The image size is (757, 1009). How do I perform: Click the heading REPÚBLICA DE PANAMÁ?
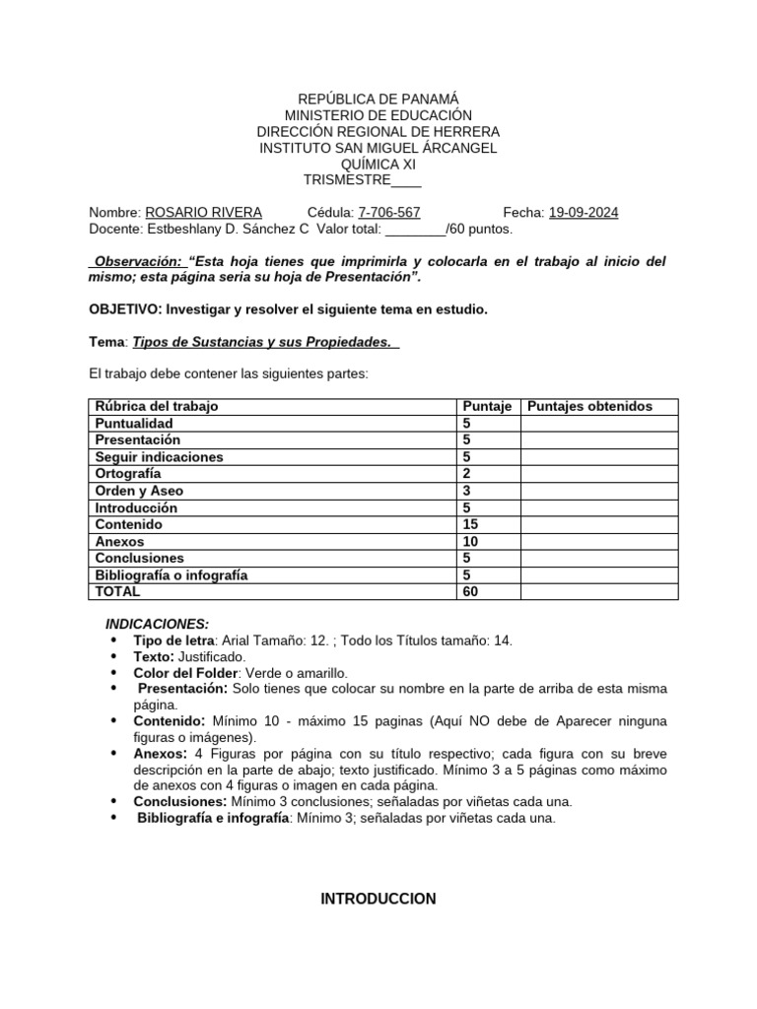[x=378, y=99]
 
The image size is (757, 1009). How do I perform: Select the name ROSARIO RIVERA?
[x=203, y=213]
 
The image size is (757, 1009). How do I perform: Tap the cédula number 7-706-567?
[x=389, y=213]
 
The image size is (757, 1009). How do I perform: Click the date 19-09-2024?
[x=584, y=213]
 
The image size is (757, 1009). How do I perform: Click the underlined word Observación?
[x=138, y=261]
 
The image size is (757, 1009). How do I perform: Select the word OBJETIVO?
[x=124, y=309]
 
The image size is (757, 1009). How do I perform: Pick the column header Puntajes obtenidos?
[x=589, y=406]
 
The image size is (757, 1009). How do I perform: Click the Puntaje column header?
[x=486, y=406]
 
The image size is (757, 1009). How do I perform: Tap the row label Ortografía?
[x=128, y=474]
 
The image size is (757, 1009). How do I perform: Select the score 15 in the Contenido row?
[x=470, y=525]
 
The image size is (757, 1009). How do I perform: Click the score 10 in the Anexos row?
[x=470, y=542]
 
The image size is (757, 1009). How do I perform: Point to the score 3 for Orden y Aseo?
[x=466, y=491]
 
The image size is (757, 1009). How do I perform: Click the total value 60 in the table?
[x=470, y=592]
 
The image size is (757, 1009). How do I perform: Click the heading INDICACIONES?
[x=157, y=624]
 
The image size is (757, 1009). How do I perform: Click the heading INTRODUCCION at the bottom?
[x=378, y=899]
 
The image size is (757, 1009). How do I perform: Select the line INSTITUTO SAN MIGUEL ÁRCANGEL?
[x=378, y=148]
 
